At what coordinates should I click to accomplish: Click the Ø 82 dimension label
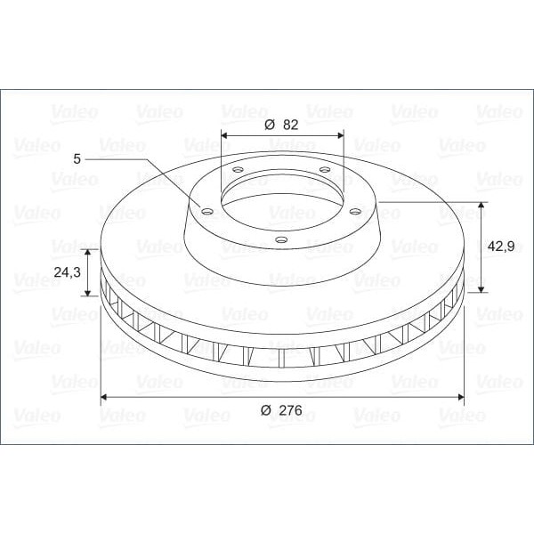(281, 125)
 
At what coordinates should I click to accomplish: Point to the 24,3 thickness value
(68, 271)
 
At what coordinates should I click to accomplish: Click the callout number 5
(77, 158)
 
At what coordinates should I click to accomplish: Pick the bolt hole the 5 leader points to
(206, 212)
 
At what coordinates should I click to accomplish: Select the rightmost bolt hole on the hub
(354, 211)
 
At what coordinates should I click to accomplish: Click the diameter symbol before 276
(265, 410)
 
